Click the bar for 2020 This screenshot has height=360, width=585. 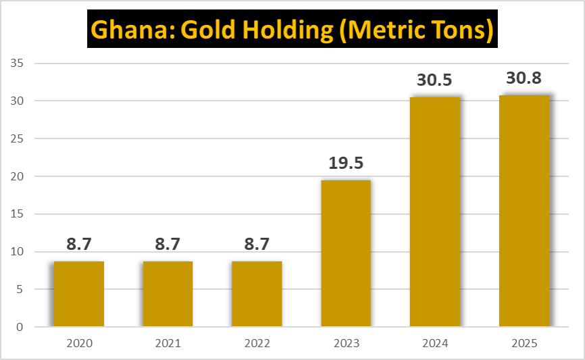coord(79,294)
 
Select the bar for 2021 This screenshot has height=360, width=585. coord(168,294)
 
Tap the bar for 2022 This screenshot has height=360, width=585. coord(257,294)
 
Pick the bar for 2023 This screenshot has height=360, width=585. coord(346,253)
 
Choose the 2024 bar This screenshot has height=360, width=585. coord(435,212)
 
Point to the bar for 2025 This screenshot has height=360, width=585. coord(524,211)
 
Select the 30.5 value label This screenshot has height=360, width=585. coord(435,80)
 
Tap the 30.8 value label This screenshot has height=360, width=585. coord(524,79)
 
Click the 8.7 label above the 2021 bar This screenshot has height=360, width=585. coord(168,245)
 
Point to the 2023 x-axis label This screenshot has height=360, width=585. coord(346,344)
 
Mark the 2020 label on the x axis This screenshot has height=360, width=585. coord(79,344)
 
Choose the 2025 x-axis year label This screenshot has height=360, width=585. coord(524,344)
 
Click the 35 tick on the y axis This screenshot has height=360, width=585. coord(18,63)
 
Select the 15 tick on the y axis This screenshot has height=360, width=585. coord(18,214)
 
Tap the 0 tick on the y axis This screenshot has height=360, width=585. coord(20,328)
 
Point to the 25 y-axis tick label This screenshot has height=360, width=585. coord(18,139)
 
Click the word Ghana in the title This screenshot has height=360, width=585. coord(126,30)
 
